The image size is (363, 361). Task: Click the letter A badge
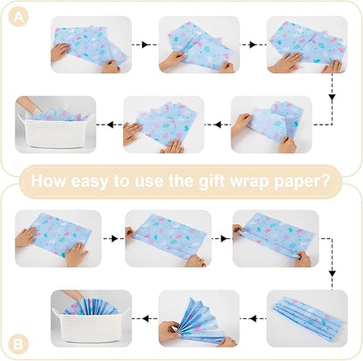(x=18, y=17)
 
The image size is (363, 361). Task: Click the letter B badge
(x=18, y=344)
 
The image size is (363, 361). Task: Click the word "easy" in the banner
(x=90, y=181)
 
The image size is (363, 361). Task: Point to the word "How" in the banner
(x=49, y=180)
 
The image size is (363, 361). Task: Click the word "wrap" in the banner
(x=250, y=182)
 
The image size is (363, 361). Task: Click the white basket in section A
(x=56, y=133)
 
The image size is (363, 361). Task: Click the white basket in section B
(x=91, y=324)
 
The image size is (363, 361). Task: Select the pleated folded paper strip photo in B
(x=307, y=318)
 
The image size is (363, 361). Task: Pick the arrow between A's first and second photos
(x=145, y=44)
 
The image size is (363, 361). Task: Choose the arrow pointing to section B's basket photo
(x=145, y=318)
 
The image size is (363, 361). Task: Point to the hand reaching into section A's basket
(x=29, y=105)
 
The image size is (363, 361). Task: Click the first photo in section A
(x=91, y=44)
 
